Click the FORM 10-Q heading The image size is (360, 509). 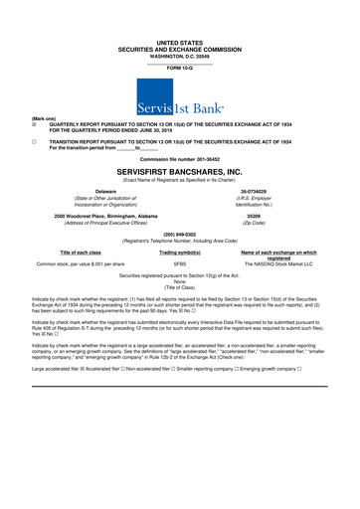click(x=179, y=68)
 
